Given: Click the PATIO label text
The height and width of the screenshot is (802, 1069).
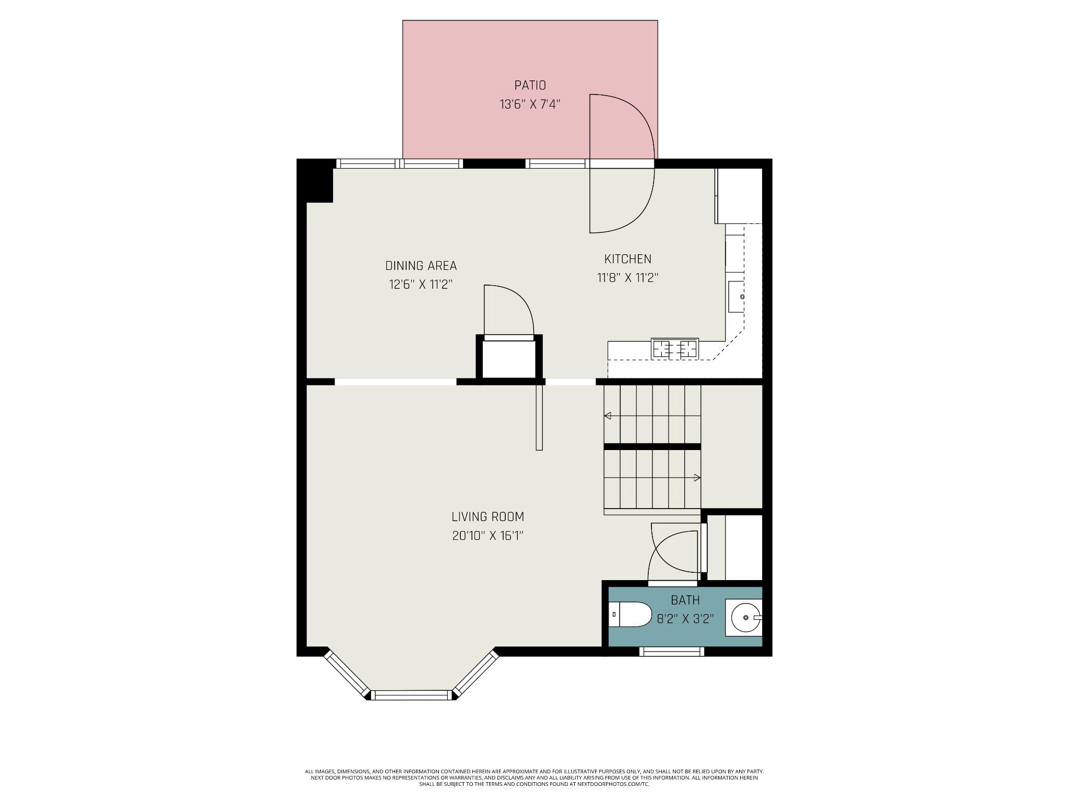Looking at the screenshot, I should pos(530,85).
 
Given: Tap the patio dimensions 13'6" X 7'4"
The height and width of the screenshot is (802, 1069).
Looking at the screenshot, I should pos(530,104).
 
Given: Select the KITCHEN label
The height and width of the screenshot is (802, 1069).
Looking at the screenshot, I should pos(627,259).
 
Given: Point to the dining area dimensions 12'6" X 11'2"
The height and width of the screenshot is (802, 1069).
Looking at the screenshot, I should pos(421,285).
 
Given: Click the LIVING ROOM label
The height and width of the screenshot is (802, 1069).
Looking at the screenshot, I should pos(488,517).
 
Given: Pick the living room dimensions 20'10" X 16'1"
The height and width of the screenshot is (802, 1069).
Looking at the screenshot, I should pos(488,536).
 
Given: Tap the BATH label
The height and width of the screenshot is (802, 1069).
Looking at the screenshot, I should pos(685,600).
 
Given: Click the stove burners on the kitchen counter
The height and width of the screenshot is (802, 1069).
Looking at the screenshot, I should pos(675,348).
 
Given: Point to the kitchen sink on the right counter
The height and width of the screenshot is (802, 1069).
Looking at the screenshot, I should pos(737,297).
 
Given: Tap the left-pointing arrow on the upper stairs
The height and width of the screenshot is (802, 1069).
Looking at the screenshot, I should pos(608,416).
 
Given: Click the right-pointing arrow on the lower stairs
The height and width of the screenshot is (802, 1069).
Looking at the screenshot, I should pos(697,477).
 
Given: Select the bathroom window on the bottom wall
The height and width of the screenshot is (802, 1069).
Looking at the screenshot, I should pos(671,651).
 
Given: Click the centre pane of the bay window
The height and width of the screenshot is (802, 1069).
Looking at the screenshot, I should pos(412,695).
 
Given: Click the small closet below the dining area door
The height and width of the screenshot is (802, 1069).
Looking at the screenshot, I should pos(509,359).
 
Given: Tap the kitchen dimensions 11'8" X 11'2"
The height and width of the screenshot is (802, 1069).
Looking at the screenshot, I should pos(627,278).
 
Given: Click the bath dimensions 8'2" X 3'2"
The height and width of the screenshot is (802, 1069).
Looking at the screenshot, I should pos(685,619).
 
